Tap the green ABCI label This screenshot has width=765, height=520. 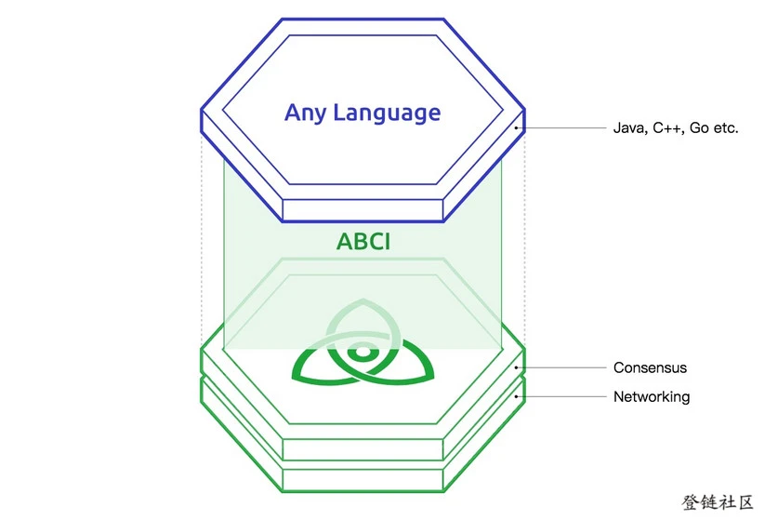point(363,244)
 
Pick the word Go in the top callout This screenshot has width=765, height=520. point(700,128)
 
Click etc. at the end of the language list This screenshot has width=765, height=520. point(726,128)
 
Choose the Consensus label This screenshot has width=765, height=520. point(650,367)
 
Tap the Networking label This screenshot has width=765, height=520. point(651,396)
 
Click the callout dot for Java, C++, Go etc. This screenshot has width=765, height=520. point(515,127)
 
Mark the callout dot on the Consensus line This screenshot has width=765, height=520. point(515,367)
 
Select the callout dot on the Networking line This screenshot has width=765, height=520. point(515,396)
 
